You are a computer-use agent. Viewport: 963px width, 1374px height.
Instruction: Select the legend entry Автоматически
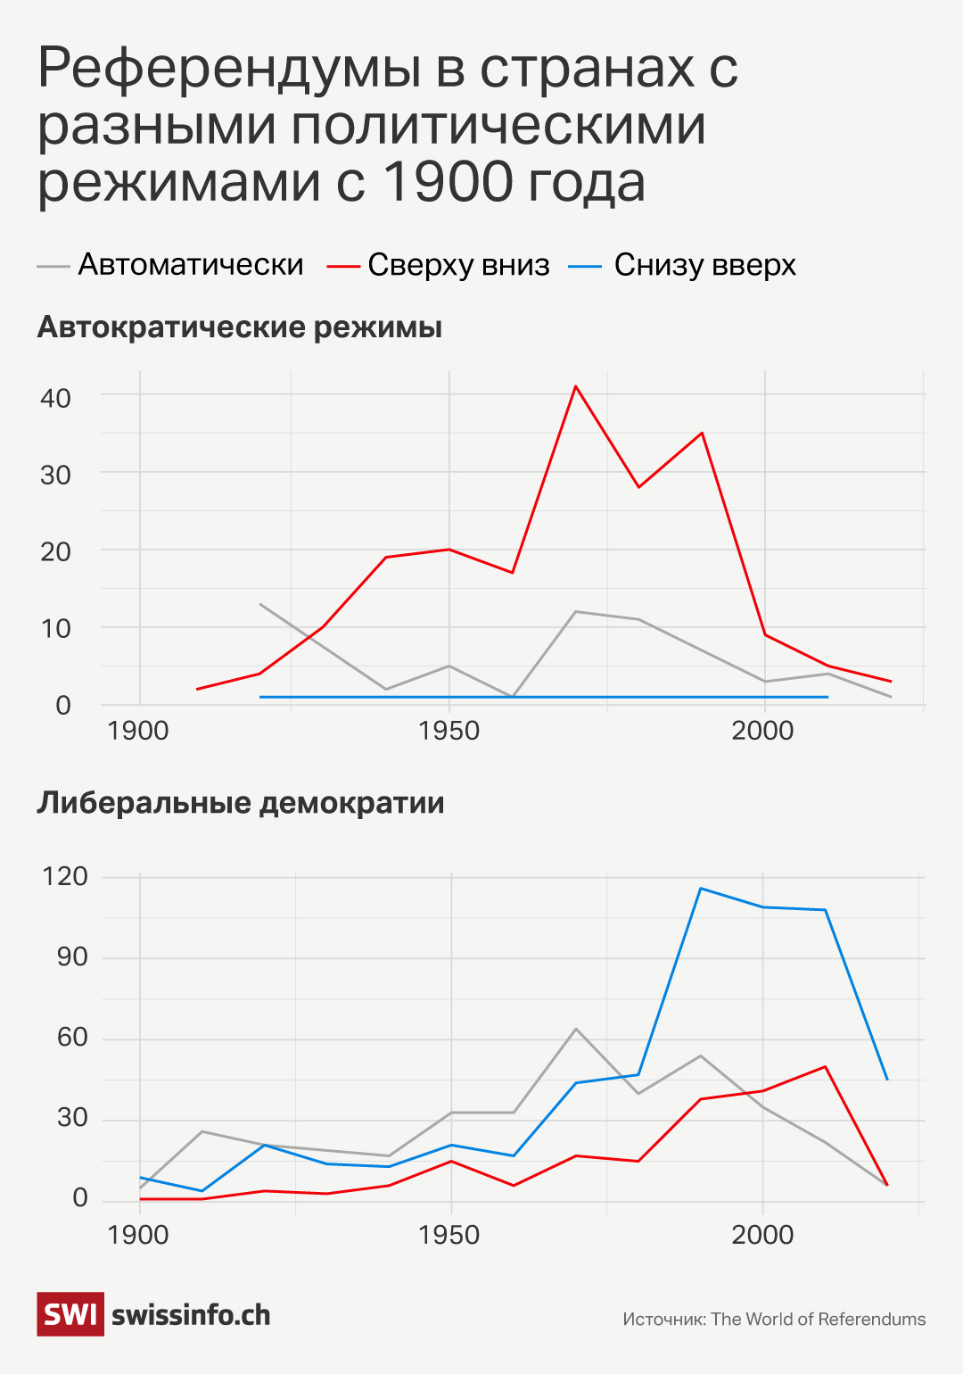click(190, 265)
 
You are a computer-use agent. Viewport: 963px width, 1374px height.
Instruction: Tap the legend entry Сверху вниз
click(457, 265)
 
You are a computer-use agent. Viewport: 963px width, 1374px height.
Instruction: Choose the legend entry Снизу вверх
click(704, 265)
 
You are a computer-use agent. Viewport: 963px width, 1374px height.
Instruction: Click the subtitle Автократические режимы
click(240, 327)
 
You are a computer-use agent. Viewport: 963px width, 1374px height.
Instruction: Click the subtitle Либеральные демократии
click(241, 803)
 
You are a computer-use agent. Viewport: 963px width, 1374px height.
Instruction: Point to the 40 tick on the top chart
click(55, 398)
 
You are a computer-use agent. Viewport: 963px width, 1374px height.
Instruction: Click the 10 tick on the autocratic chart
click(55, 629)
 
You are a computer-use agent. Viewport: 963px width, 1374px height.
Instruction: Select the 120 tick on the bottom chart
click(65, 876)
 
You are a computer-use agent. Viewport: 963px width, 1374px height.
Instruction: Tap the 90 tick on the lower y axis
click(72, 957)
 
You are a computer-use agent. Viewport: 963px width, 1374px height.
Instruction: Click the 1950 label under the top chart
click(449, 731)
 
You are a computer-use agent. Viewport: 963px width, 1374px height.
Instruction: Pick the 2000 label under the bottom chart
click(762, 1235)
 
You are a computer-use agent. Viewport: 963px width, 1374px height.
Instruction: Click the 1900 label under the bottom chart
click(137, 1235)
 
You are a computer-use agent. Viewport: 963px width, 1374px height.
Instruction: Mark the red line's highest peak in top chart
click(576, 386)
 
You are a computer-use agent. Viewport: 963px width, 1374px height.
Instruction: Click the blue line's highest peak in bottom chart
click(701, 888)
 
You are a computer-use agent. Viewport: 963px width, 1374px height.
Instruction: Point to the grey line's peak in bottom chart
click(576, 1029)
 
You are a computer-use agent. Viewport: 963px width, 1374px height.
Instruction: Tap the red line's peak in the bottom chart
click(826, 1066)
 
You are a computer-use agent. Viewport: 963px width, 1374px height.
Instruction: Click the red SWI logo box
click(70, 1314)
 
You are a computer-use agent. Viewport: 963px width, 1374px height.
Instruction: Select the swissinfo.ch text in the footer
click(191, 1315)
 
